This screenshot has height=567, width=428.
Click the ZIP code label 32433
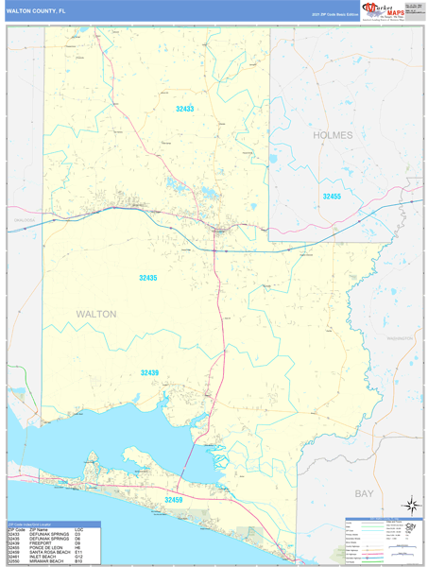[184, 110]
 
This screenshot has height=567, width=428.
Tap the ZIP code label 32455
[331, 196]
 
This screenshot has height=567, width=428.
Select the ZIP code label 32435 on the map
[148, 278]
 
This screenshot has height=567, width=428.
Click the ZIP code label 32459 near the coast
[174, 498]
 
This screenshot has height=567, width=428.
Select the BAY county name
[364, 494]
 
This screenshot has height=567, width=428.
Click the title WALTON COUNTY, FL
[38, 10]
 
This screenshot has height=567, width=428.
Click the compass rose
[411, 505]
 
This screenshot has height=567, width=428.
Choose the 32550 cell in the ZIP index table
[14, 560]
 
